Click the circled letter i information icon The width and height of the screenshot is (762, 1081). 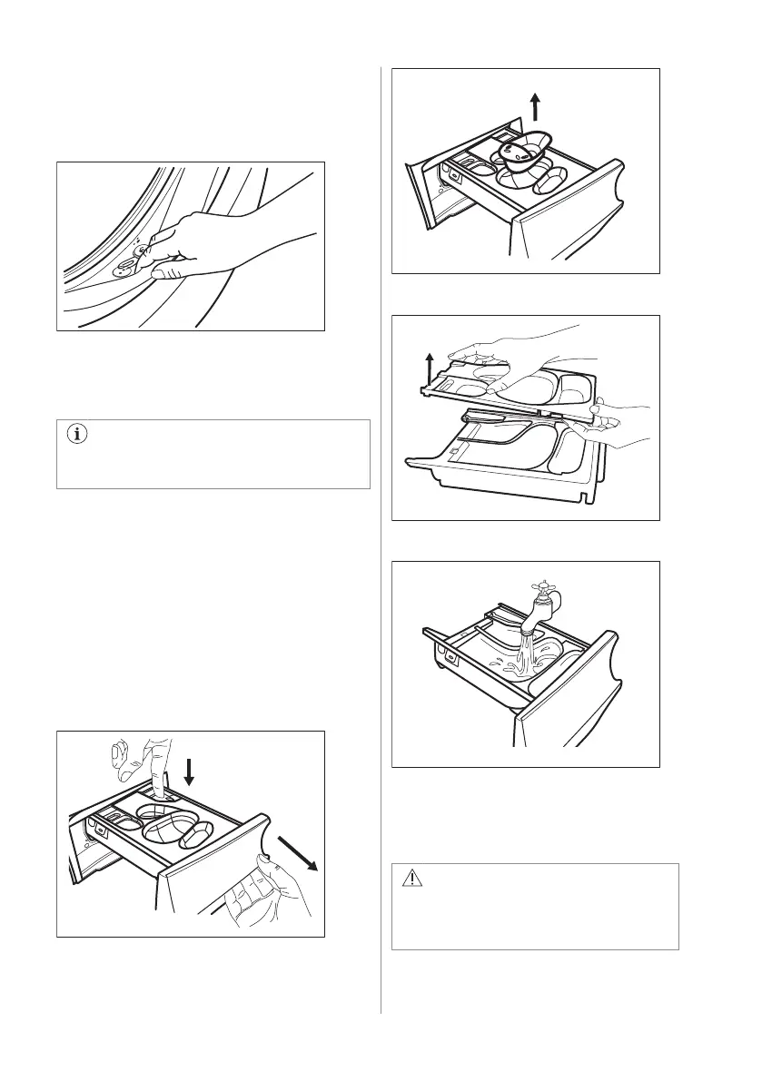(x=77, y=434)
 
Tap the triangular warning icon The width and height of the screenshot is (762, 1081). (x=413, y=880)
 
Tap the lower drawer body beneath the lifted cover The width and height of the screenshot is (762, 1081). (x=509, y=463)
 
